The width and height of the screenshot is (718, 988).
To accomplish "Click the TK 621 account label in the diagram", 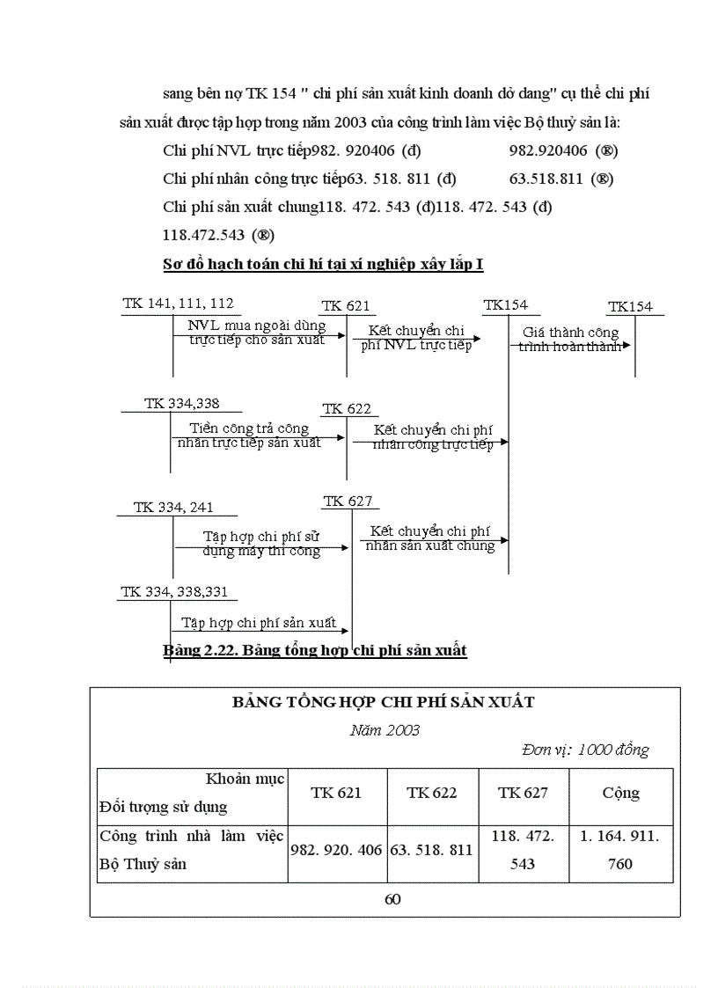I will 345,306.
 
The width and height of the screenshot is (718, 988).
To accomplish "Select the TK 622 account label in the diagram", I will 346,409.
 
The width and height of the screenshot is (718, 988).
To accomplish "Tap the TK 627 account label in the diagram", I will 348,501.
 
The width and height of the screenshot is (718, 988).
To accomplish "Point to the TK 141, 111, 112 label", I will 178,304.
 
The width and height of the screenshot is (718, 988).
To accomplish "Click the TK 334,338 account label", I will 181,404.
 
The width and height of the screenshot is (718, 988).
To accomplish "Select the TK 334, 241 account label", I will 172,508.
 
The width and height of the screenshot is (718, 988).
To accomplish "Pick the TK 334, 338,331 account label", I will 173,592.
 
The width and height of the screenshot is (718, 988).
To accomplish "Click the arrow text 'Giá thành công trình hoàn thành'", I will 570,340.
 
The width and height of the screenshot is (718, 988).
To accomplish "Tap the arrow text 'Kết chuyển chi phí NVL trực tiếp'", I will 416,338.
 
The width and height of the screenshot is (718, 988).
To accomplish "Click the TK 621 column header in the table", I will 336,793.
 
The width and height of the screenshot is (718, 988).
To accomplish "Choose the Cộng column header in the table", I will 620,793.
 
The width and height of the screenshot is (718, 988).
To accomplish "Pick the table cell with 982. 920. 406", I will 337,850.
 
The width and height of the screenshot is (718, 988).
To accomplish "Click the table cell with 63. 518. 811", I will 432,850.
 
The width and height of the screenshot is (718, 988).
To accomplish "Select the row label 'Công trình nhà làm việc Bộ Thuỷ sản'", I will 191,850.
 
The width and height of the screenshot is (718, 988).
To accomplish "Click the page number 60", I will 392,899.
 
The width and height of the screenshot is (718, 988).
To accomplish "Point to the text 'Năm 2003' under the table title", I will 385,730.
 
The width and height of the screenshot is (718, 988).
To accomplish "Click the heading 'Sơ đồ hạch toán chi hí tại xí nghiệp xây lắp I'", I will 323,264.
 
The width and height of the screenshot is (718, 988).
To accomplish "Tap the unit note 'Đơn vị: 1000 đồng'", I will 584,750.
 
